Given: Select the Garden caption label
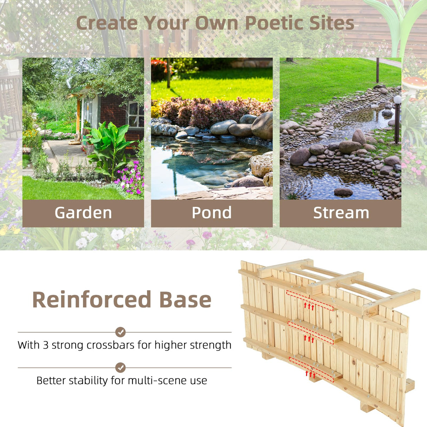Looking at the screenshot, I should [x=83, y=213].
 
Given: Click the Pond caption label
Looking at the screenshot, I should [x=212, y=213].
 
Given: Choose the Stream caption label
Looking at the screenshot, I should [x=341, y=213].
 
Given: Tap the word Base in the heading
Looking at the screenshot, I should [x=185, y=300].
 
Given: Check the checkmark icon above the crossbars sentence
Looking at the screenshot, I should [x=120, y=332].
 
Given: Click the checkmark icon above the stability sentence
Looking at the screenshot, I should [x=120, y=368].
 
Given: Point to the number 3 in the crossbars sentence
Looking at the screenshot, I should [x=46, y=345].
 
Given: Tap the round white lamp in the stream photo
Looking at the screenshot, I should [x=397, y=100].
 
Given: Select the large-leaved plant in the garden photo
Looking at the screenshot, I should [x=109, y=148].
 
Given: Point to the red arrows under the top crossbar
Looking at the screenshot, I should [x=309, y=306].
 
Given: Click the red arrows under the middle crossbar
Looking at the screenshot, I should [x=309, y=339].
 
